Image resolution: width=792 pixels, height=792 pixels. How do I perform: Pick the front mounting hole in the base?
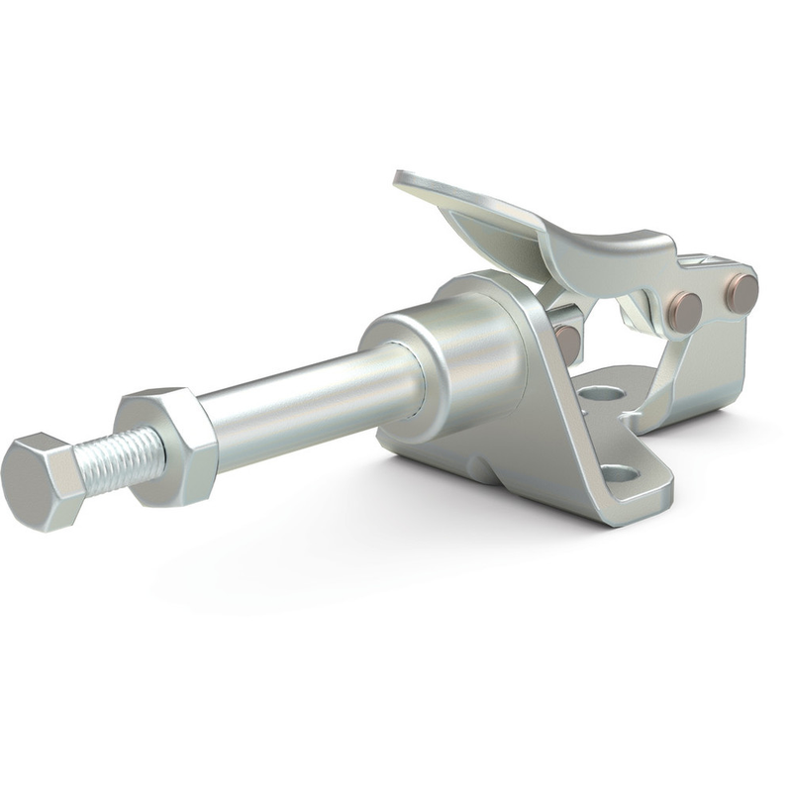click(619, 474)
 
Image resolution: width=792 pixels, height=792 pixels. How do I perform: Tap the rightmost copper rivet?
click(741, 293)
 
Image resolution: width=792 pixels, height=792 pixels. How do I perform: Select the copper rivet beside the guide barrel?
click(568, 343)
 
